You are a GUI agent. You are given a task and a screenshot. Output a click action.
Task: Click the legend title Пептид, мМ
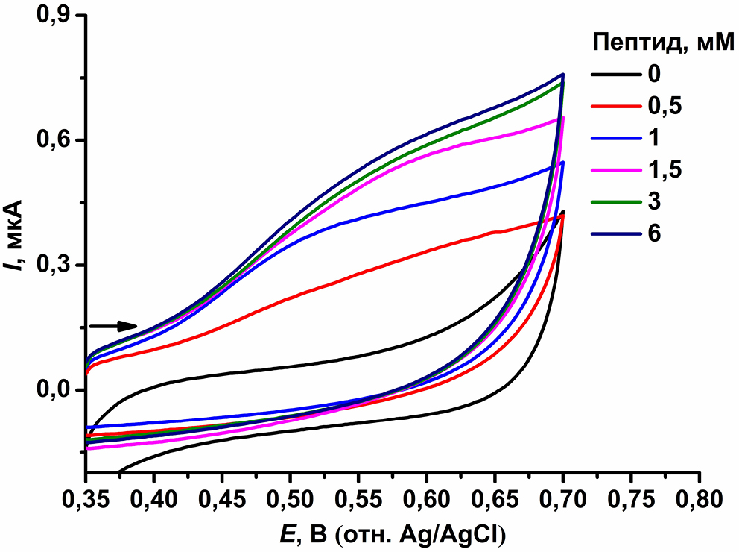pos(655,42)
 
